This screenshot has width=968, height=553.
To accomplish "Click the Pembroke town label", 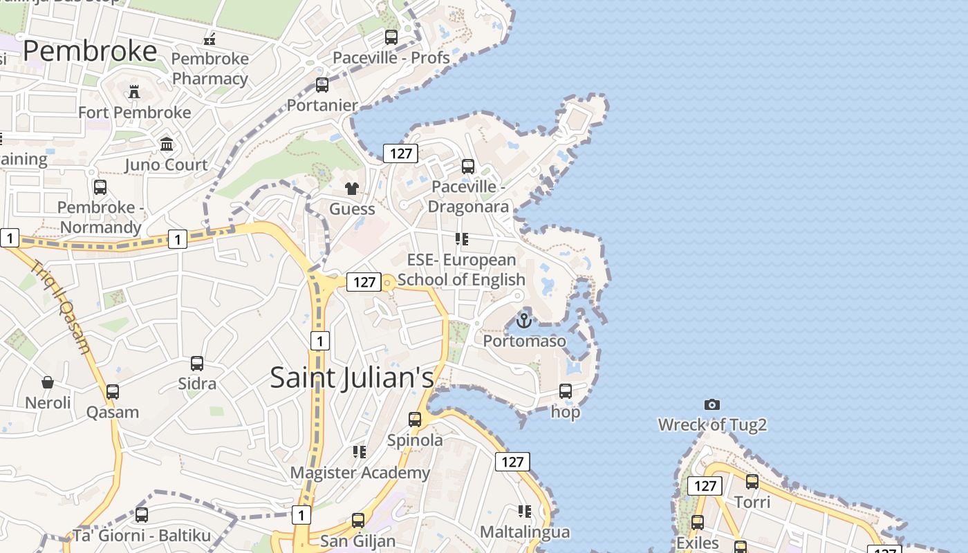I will (x=90, y=52).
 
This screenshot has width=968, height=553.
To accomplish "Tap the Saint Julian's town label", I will (x=352, y=377).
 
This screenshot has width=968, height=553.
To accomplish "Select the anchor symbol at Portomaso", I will (x=524, y=321).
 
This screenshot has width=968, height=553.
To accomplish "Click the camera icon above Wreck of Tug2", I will (x=712, y=404).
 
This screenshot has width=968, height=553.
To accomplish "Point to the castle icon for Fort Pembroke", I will (x=134, y=91).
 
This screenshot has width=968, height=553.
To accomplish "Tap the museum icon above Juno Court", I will (x=167, y=144).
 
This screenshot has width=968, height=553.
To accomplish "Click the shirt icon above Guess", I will (x=352, y=189).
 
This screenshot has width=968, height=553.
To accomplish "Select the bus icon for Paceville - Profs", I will (x=391, y=37).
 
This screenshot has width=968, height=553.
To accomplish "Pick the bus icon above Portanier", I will (x=322, y=85).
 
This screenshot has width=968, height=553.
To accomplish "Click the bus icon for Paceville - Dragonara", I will (x=468, y=167).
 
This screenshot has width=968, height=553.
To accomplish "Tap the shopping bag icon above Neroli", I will (x=48, y=382).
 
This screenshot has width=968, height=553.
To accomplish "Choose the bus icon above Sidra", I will (x=197, y=364).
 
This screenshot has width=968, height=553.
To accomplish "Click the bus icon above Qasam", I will (x=113, y=392).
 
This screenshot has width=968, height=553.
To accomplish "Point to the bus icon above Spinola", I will (x=415, y=420).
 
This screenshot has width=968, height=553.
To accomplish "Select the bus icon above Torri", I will (x=752, y=482).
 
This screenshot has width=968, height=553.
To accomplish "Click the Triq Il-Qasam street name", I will (x=61, y=306).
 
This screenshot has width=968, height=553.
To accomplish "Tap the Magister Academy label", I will (x=360, y=473).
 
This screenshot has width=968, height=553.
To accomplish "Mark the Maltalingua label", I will (x=525, y=532).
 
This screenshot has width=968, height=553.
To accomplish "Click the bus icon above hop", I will (x=566, y=391).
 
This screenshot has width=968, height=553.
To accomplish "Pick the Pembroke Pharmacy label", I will (x=210, y=68).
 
